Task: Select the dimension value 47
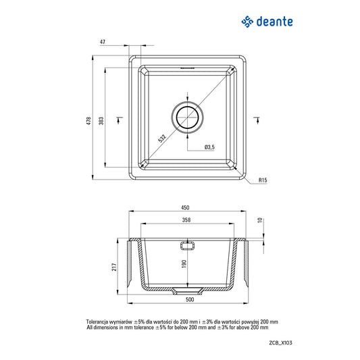pyautogui.click(x=102, y=42)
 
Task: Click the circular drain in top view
pyautogui.click(x=188, y=116)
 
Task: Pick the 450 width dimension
pyautogui.click(x=185, y=207)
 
